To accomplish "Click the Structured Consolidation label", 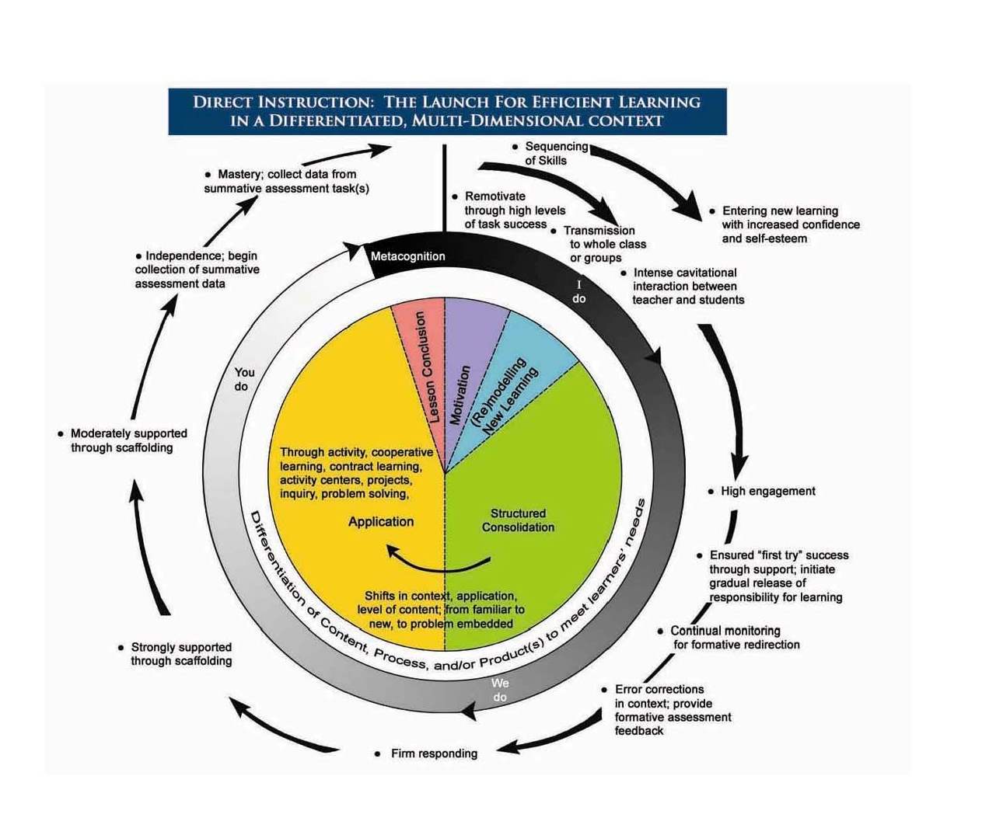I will [518, 520].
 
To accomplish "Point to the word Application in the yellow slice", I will [381, 522].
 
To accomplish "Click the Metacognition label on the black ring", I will [407, 256].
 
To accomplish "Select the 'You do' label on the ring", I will [244, 379].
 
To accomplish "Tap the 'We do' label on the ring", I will [500, 690].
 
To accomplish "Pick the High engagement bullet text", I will [767, 491].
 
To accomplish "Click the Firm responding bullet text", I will [434, 753].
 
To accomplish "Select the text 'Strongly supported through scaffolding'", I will [181, 654].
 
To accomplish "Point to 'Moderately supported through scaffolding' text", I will [128, 440].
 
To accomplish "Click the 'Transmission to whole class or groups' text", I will [603, 244].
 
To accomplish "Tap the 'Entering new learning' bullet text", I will [780, 210].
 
